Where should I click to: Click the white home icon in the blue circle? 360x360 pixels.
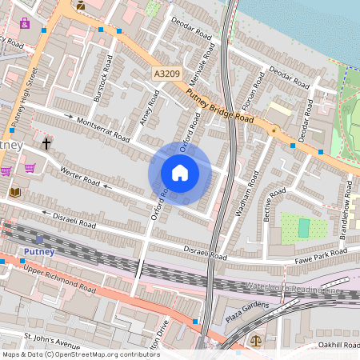point(180,173)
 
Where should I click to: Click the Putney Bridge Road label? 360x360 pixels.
point(219,107)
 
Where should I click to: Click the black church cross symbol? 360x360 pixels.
point(46,144)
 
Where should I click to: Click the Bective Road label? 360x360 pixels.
point(274,206)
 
